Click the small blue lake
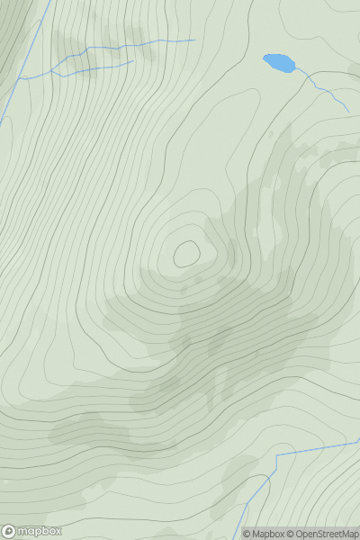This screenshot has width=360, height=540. tap(279, 63)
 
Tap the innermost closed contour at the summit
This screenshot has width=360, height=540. tap(186, 255)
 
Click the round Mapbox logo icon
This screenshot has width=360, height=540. tap(9, 531)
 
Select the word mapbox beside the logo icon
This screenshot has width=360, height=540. tap(40, 531)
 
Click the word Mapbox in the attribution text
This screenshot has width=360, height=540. tap(267, 534)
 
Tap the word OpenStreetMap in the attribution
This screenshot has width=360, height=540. tap(326, 534)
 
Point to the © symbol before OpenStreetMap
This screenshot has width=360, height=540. tap(292, 534)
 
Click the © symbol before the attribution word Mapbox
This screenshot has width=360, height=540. tap(247, 534)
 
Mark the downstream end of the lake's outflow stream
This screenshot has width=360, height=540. tap(348, 112)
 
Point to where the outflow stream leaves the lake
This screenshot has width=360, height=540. tap(294, 69)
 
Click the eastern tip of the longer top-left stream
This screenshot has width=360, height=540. tap(194, 40)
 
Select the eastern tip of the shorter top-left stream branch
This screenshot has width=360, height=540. tap(133, 61)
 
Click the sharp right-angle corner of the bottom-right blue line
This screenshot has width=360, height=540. tap(276, 455)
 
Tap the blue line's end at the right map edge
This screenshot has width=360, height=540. tap(359, 442)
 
